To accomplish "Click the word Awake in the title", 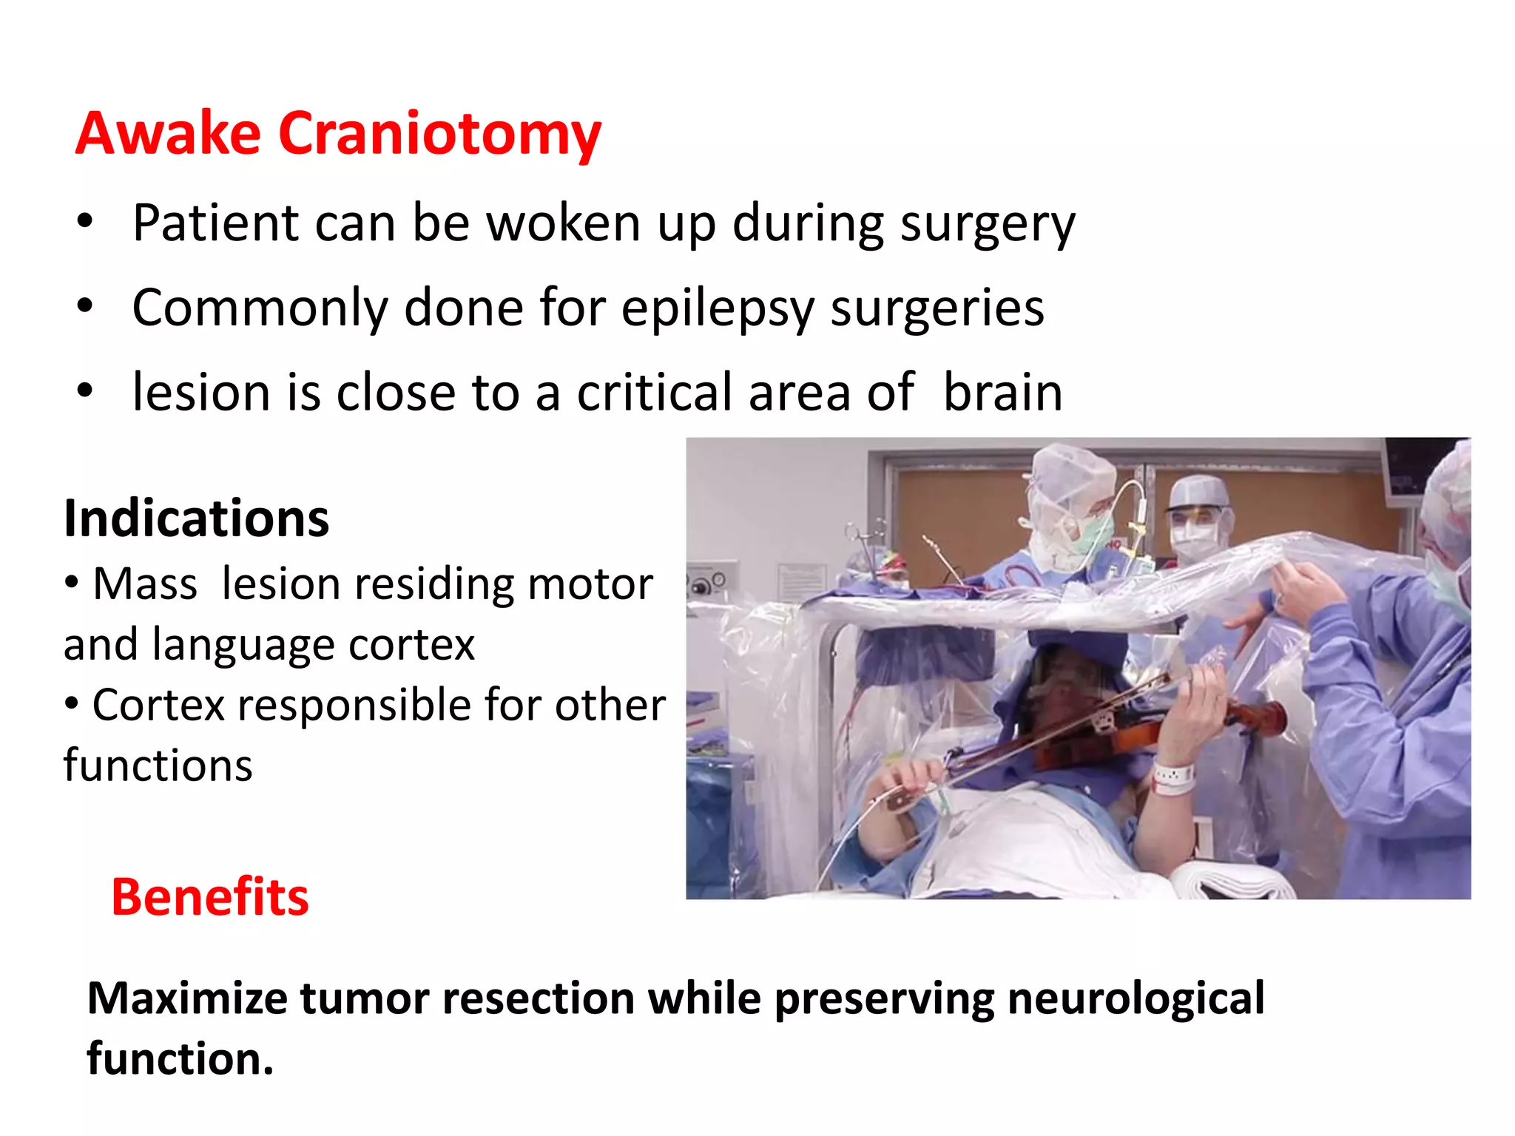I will [168, 134].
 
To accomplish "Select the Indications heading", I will [196, 518].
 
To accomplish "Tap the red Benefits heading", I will [210, 897].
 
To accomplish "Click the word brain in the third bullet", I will [1002, 392].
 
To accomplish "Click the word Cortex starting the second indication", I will [158, 705].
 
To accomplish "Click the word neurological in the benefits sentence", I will [1136, 998].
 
